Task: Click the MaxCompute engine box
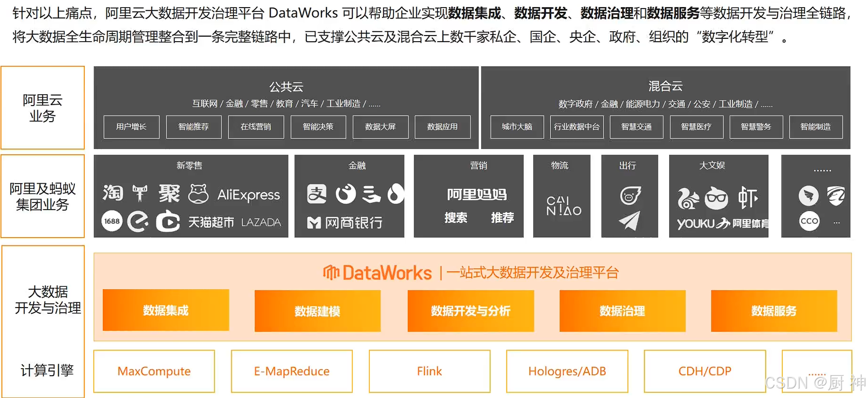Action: (x=154, y=371)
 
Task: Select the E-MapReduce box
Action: (x=292, y=371)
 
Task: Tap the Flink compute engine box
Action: (x=430, y=371)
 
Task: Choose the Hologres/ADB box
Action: (x=567, y=371)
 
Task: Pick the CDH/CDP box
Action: (x=705, y=371)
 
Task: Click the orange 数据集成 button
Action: (x=166, y=310)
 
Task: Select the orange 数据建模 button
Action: (x=317, y=310)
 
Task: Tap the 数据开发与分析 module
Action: (x=471, y=310)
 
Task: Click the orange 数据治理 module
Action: (x=622, y=310)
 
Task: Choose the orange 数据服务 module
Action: (x=774, y=310)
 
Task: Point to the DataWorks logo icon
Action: (x=331, y=272)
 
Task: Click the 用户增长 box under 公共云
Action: (x=131, y=127)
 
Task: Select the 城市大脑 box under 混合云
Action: (x=517, y=127)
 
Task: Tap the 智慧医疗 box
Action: (x=696, y=127)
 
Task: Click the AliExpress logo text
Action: (x=249, y=195)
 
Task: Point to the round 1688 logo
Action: (x=112, y=221)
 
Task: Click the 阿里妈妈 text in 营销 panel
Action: (x=477, y=194)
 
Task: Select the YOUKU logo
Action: (x=696, y=223)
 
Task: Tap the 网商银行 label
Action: (x=353, y=222)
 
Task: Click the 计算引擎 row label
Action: (x=47, y=370)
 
